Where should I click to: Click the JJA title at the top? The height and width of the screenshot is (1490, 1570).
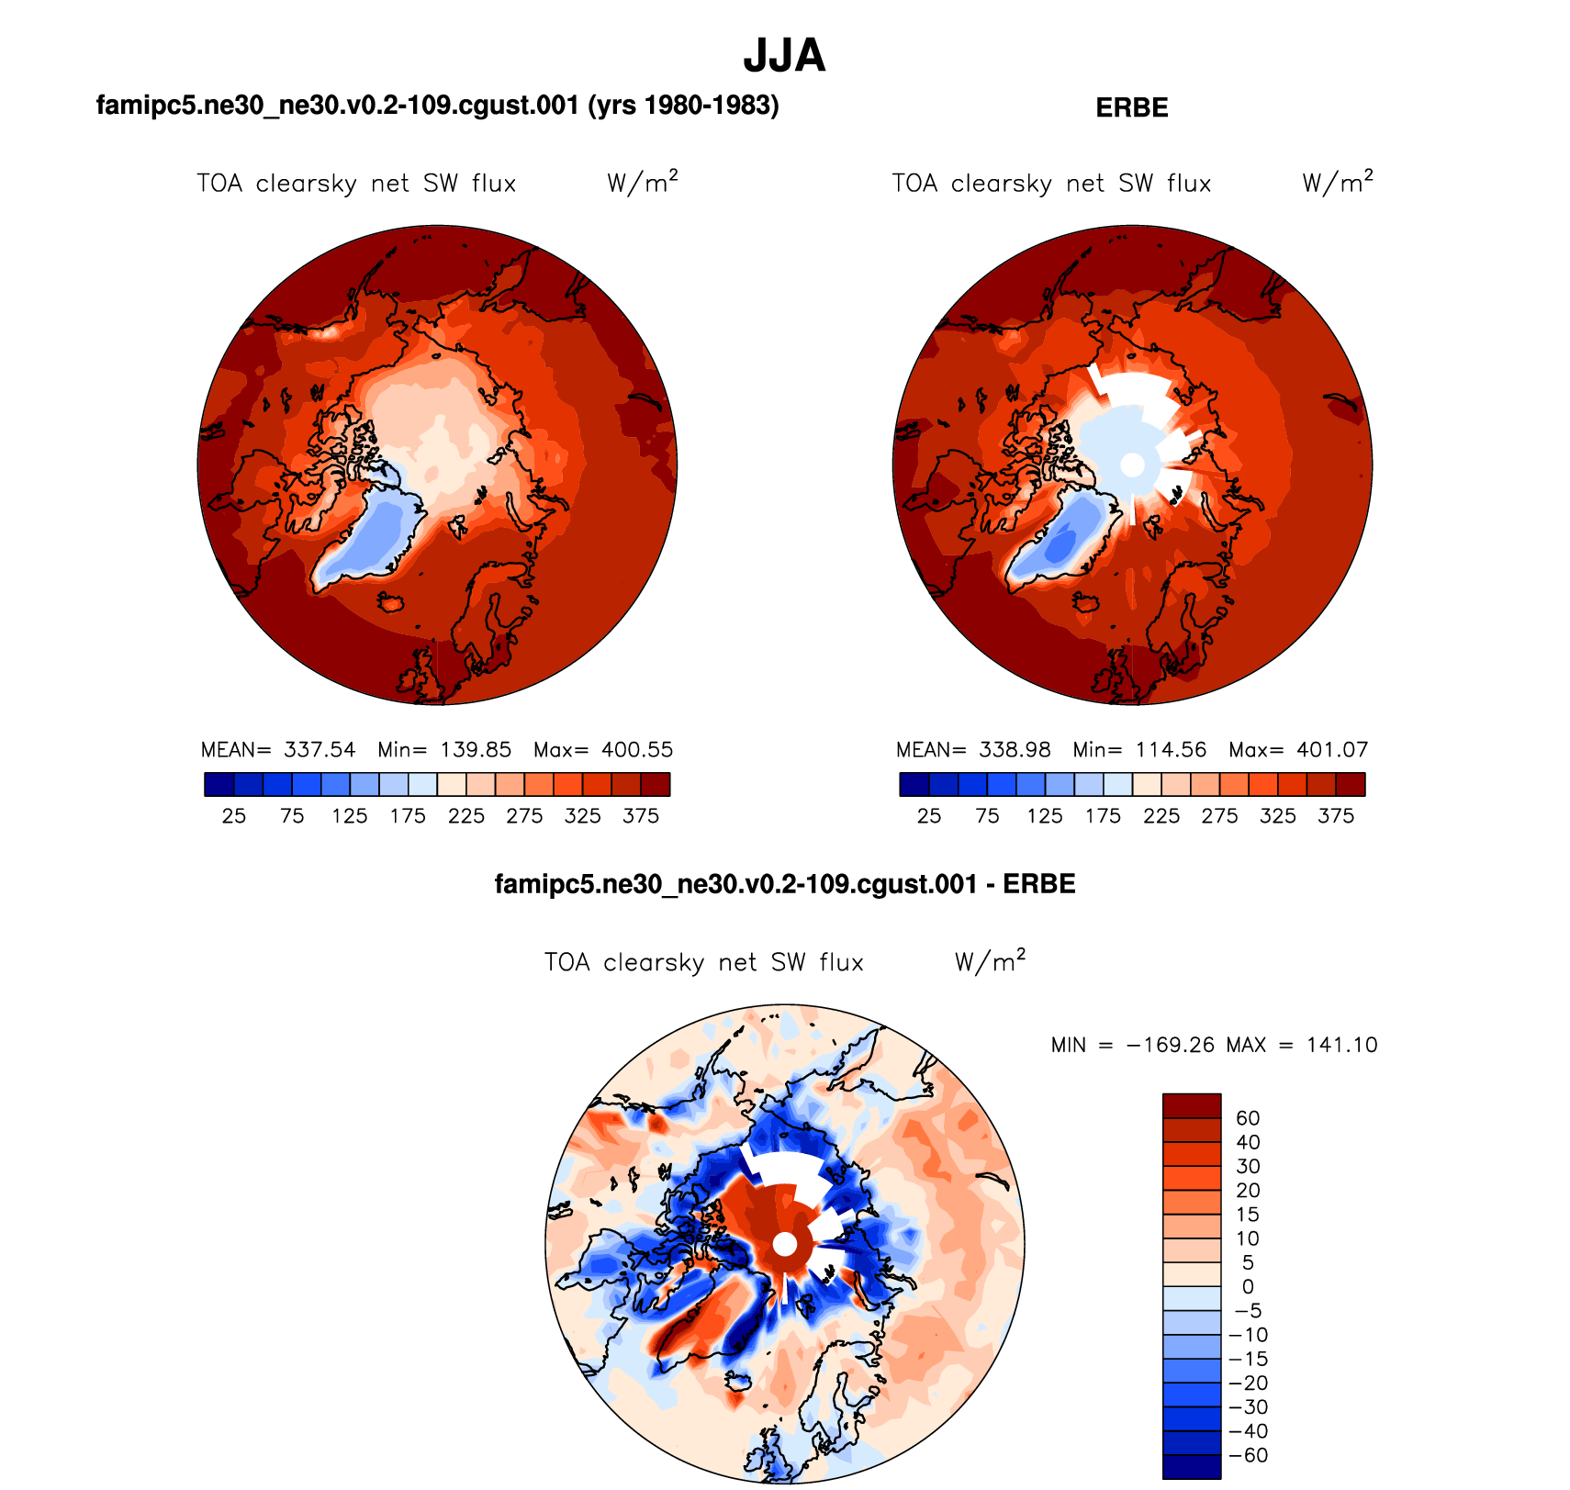tap(784, 57)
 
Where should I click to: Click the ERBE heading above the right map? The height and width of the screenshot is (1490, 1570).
tap(1132, 108)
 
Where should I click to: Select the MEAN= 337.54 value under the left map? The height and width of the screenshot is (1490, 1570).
tap(278, 750)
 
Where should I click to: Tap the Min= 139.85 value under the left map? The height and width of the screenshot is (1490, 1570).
tap(444, 750)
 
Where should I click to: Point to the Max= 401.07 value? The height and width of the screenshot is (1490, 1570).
tap(1298, 750)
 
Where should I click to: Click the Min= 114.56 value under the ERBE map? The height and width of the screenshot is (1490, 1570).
tap(1139, 750)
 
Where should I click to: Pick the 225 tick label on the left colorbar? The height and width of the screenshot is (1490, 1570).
tap(466, 816)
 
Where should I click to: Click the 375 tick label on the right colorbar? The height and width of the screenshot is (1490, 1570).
tap(1336, 816)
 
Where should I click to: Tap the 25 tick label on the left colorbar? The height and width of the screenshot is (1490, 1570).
tap(234, 816)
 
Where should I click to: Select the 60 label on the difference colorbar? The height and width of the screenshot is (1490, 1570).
tap(1248, 1118)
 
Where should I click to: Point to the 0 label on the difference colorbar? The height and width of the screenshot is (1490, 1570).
tap(1248, 1287)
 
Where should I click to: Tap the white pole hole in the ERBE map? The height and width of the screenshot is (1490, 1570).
tap(1133, 465)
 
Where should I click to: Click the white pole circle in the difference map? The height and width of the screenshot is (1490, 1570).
tap(785, 1244)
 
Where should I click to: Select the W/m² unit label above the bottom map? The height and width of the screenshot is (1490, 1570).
tap(990, 961)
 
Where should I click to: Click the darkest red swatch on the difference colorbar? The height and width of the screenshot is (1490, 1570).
tap(1192, 1105)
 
